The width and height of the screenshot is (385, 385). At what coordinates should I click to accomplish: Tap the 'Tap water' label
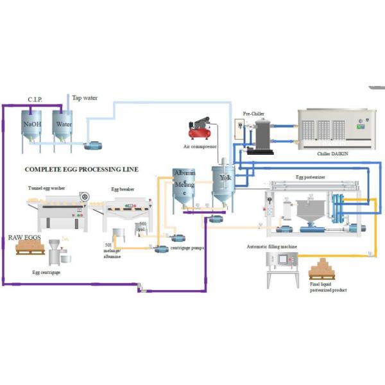pos(85,98)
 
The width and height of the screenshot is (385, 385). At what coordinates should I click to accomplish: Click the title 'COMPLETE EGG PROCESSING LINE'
pos(81,170)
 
